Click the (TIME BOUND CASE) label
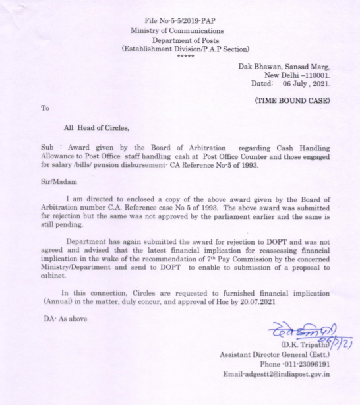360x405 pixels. [292, 100]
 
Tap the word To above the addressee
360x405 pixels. [45, 107]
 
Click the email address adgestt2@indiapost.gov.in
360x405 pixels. [276, 374]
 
